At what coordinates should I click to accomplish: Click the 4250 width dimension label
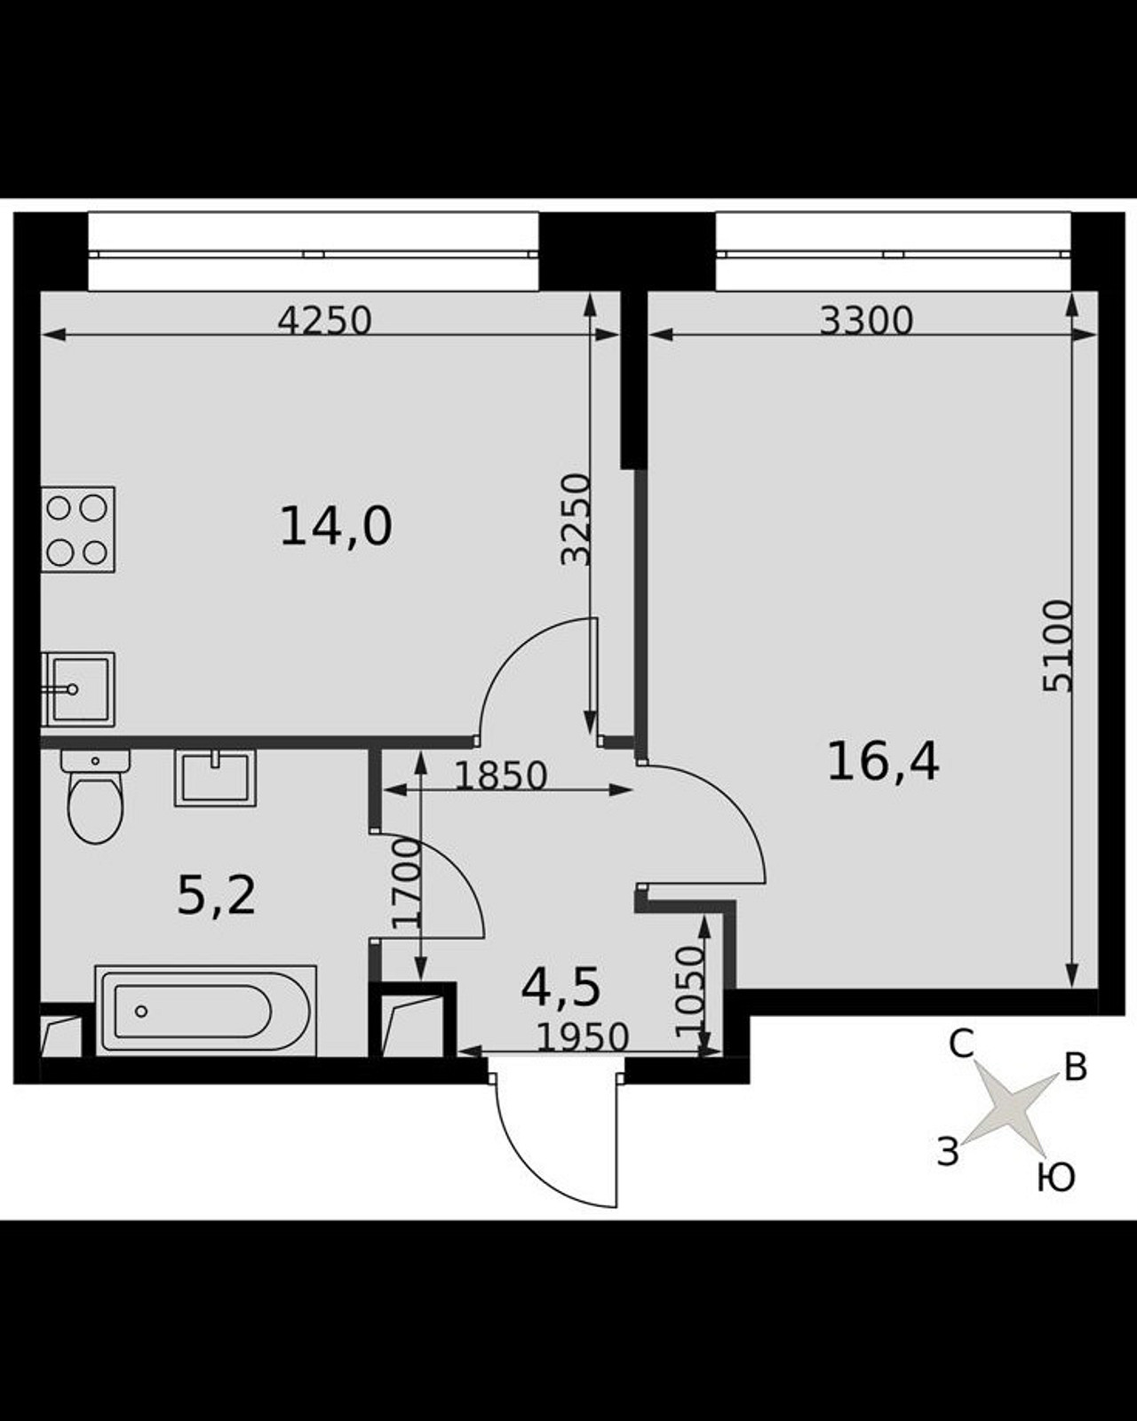pos(324,321)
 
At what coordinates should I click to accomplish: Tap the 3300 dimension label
pos(866,321)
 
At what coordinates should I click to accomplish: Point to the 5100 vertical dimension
pos(1058,645)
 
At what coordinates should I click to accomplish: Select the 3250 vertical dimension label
pos(575,520)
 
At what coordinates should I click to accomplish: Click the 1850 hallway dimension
pos(502,776)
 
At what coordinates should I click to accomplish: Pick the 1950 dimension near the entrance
pos(582,1037)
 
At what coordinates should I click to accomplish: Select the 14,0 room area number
pos(337,527)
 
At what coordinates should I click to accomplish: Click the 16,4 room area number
pos(883,761)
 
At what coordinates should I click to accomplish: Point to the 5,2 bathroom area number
pos(216,897)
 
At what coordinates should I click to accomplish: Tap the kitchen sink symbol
pos(78,689)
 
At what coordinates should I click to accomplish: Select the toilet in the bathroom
pos(96,796)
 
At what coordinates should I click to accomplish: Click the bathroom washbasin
pos(215,778)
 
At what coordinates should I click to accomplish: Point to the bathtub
pos(205,1011)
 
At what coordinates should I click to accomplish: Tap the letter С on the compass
pos(961,1044)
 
